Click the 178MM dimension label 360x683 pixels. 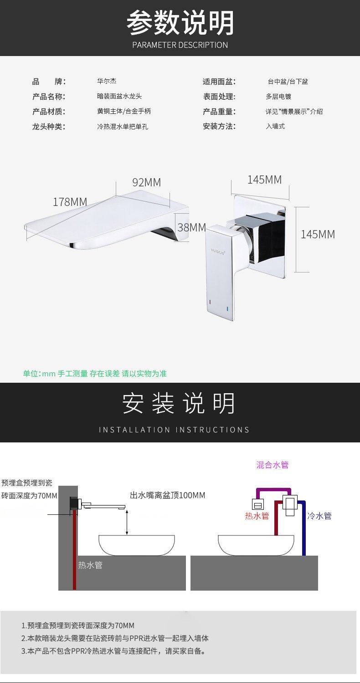tap(70, 202)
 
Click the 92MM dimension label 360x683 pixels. tap(146, 182)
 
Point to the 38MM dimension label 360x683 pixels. tap(191, 227)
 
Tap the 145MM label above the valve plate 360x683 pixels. tap(264, 180)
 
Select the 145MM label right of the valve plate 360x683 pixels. tap(318, 234)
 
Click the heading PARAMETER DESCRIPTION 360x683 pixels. tap(180, 45)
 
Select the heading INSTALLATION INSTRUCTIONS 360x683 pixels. tap(174, 430)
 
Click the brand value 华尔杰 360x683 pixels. tap(107, 82)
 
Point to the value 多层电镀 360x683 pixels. tap(278, 97)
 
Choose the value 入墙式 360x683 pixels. tap(275, 126)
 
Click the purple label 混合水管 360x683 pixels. tap(273, 465)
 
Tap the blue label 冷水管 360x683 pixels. tap(319, 516)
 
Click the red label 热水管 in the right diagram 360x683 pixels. tap(257, 516)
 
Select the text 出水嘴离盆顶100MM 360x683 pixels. tap(168, 495)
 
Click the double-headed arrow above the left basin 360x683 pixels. tap(127, 522)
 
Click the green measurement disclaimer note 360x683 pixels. tap(95, 374)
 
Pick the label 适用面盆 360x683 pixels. tap(219, 82)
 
